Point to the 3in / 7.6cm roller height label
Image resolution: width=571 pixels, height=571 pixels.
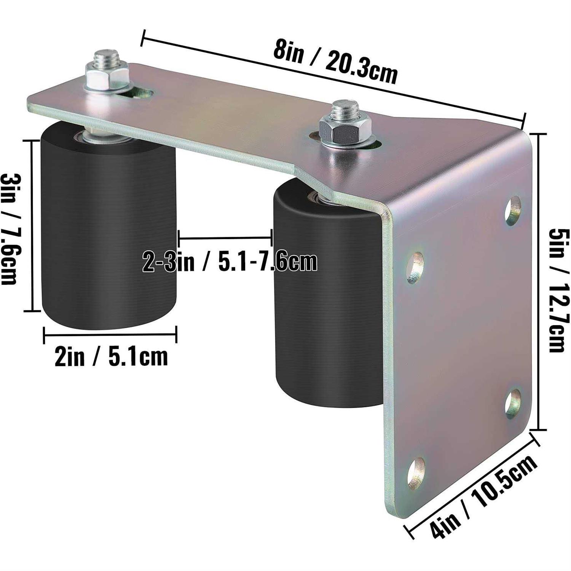coord(11,228)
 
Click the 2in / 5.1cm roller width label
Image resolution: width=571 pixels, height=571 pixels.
coord(111,357)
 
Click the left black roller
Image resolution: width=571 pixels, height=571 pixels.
coord(108,228)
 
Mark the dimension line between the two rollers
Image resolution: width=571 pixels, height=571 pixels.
coord(225,238)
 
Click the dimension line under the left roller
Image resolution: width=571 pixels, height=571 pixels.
coord(110,335)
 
